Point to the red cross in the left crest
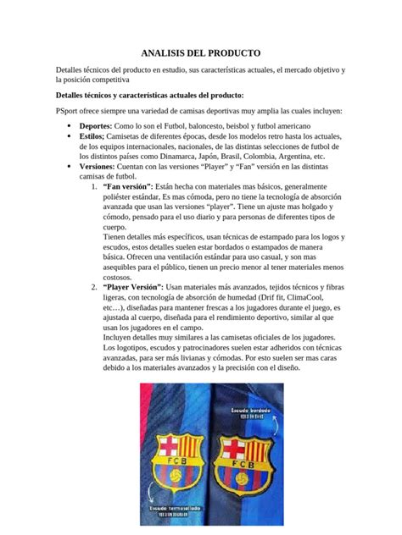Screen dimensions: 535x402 point(163,448)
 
